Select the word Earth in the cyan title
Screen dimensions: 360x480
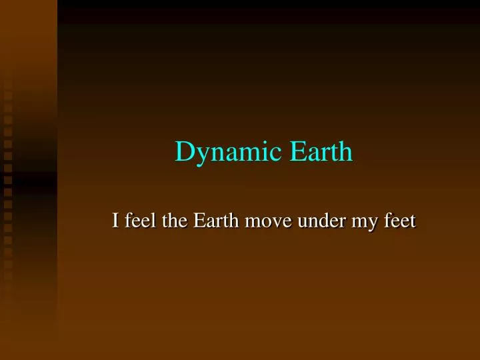[x=321, y=152]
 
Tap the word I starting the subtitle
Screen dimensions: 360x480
[x=116, y=220]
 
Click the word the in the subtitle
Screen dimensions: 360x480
[x=175, y=220]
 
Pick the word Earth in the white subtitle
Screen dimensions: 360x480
[x=217, y=220]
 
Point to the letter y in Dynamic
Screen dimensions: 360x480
[x=199, y=155]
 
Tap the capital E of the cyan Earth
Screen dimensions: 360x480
[x=297, y=152]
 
